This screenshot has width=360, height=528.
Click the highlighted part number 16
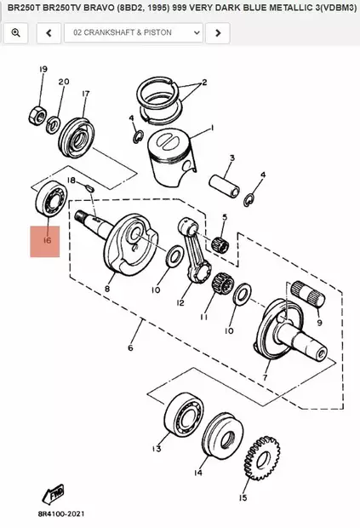(x=45, y=241)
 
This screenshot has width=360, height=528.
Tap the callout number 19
(x=42, y=69)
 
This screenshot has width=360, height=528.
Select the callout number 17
(x=86, y=94)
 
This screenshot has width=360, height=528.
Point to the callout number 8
(x=107, y=290)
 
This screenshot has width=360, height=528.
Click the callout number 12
(x=180, y=302)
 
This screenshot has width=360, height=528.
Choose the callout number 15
(x=243, y=498)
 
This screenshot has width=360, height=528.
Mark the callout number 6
(x=130, y=348)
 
